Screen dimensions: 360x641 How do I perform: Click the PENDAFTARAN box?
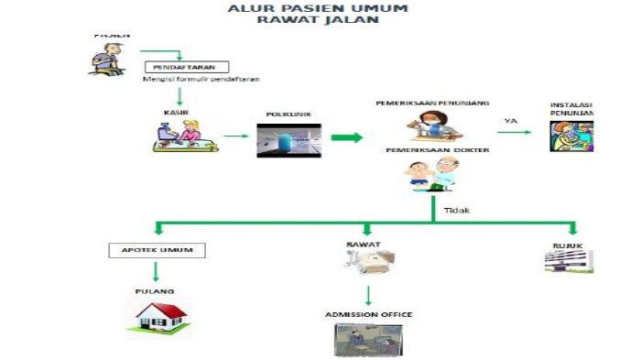coord(186,67)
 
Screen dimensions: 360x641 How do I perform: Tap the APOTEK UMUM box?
coord(157,249)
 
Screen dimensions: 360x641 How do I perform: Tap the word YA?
coord(511,120)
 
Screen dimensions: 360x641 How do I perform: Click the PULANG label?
coord(155,291)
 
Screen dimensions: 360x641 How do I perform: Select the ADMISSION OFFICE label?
coord(368,314)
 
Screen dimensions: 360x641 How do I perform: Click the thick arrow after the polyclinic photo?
coord(346,138)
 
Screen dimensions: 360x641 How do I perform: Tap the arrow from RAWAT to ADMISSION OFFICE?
coord(368,295)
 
